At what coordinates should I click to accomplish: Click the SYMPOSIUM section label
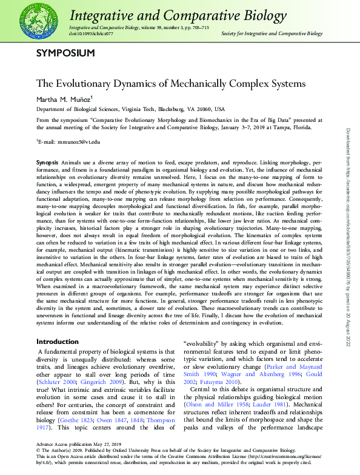[x=65, y=53]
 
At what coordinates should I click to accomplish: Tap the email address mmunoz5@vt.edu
[x=70, y=141]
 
